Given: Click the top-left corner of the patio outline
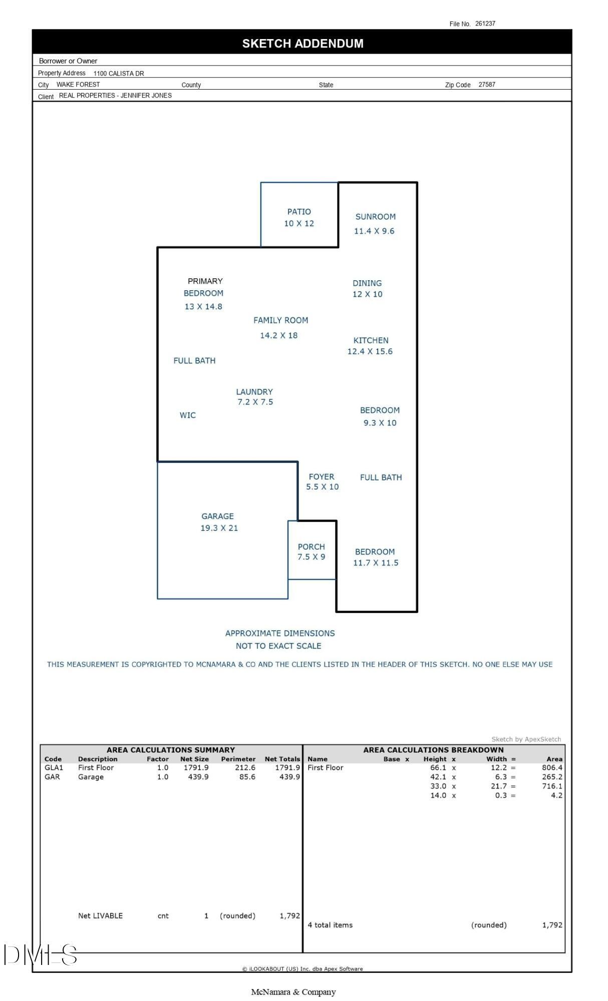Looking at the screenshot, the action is point(261,183).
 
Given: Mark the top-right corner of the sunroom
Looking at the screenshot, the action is point(417,183).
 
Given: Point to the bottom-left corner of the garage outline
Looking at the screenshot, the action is point(158,598).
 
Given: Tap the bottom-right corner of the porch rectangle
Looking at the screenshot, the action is point(336,579).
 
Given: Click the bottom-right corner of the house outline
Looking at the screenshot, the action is point(417,611).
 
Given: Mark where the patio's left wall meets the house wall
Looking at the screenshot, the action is point(261,247).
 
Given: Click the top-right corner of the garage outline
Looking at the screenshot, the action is point(298,462).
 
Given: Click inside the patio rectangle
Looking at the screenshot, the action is point(299,215).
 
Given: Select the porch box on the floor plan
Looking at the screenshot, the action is point(312,550).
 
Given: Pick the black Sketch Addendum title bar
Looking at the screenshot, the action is point(302,42).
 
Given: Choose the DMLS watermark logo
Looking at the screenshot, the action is point(40,954).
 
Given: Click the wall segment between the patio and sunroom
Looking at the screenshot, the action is point(339,215).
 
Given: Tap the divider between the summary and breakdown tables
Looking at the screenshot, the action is point(302,848).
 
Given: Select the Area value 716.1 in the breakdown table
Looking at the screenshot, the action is point(552,786).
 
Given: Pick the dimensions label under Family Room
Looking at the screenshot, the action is point(279,335).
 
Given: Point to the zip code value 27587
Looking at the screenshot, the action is point(487,85).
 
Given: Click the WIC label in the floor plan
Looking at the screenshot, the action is point(188,415).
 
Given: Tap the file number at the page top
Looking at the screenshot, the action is point(485,24).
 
